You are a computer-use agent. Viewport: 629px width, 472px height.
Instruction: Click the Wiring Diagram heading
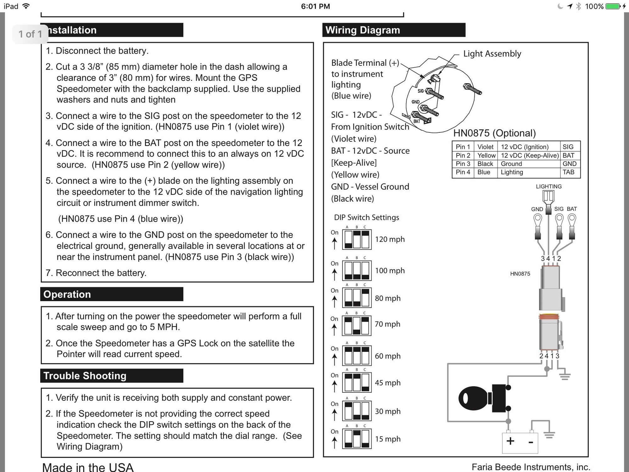point(363,30)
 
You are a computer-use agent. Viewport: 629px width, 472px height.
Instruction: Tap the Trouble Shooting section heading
point(85,376)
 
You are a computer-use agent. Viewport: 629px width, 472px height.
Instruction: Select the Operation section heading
point(67,294)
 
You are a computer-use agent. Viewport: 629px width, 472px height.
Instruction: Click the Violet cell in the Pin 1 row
point(485,147)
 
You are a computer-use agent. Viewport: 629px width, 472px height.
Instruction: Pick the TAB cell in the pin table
point(568,172)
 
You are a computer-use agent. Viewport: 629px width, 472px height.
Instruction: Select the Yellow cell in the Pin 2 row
point(486,155)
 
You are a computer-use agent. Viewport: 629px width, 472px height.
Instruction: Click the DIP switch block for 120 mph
point(357,239)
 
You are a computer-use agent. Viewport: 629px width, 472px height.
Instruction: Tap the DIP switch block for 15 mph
point(357,439)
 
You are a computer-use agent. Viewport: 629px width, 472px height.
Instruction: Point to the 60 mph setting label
point(387,356)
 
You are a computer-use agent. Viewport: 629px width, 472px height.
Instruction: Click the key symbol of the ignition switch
point(473,398)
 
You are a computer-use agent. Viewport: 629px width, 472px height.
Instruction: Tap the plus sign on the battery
point(510,441)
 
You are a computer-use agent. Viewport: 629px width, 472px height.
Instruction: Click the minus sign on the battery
point(531,442)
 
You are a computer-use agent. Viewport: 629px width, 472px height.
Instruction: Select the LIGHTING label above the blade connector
point(548,186)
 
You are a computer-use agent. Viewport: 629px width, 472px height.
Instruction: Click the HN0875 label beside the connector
point(520,274)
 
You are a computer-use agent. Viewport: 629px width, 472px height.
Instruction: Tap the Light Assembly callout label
point(492,54)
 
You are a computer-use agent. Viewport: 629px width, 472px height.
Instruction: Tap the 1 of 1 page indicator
point(30,34)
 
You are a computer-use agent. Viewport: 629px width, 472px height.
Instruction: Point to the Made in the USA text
point(88,467)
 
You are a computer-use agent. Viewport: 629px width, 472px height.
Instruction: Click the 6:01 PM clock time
point(315,6)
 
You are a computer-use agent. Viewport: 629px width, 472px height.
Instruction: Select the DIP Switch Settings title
point(366,217)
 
